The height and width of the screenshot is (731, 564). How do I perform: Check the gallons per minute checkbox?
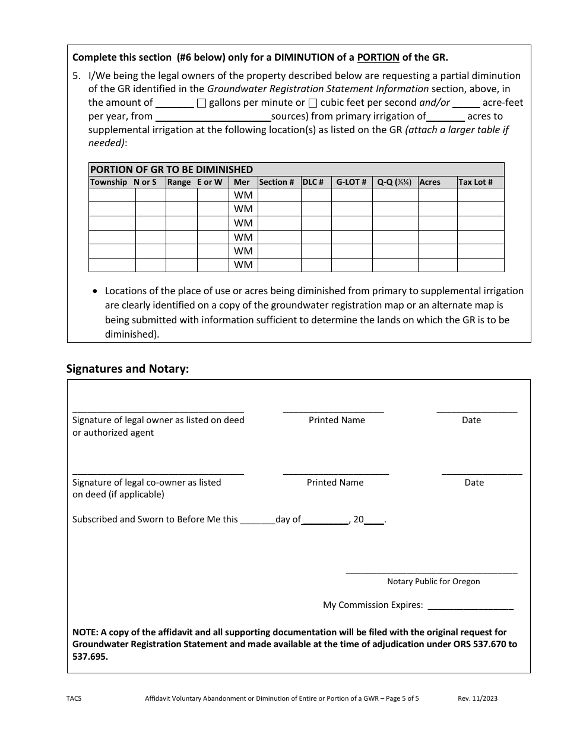pos(201,103)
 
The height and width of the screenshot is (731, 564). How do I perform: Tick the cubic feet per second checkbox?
pos(313,103)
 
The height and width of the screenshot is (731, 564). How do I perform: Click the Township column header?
pos(108,182)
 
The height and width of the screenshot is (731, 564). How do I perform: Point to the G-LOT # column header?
pos(351,182)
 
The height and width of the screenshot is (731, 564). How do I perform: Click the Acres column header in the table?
pos(430,182)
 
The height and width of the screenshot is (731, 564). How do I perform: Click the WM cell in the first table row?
pos(243,195)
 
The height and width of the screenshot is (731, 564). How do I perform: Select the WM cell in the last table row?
pos(243,265)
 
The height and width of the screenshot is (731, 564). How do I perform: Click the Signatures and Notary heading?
pos(128,368)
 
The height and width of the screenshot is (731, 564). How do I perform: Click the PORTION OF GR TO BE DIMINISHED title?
pos(172,169)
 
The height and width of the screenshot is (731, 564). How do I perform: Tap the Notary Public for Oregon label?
pos(433,581)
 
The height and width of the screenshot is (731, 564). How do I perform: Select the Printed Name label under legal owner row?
pos(337,420)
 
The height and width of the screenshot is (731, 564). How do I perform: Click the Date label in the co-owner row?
pos(474,483)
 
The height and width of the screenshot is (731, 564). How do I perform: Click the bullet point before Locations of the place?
pos(96,291)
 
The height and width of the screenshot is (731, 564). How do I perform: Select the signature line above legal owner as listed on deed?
pos(158,411)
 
